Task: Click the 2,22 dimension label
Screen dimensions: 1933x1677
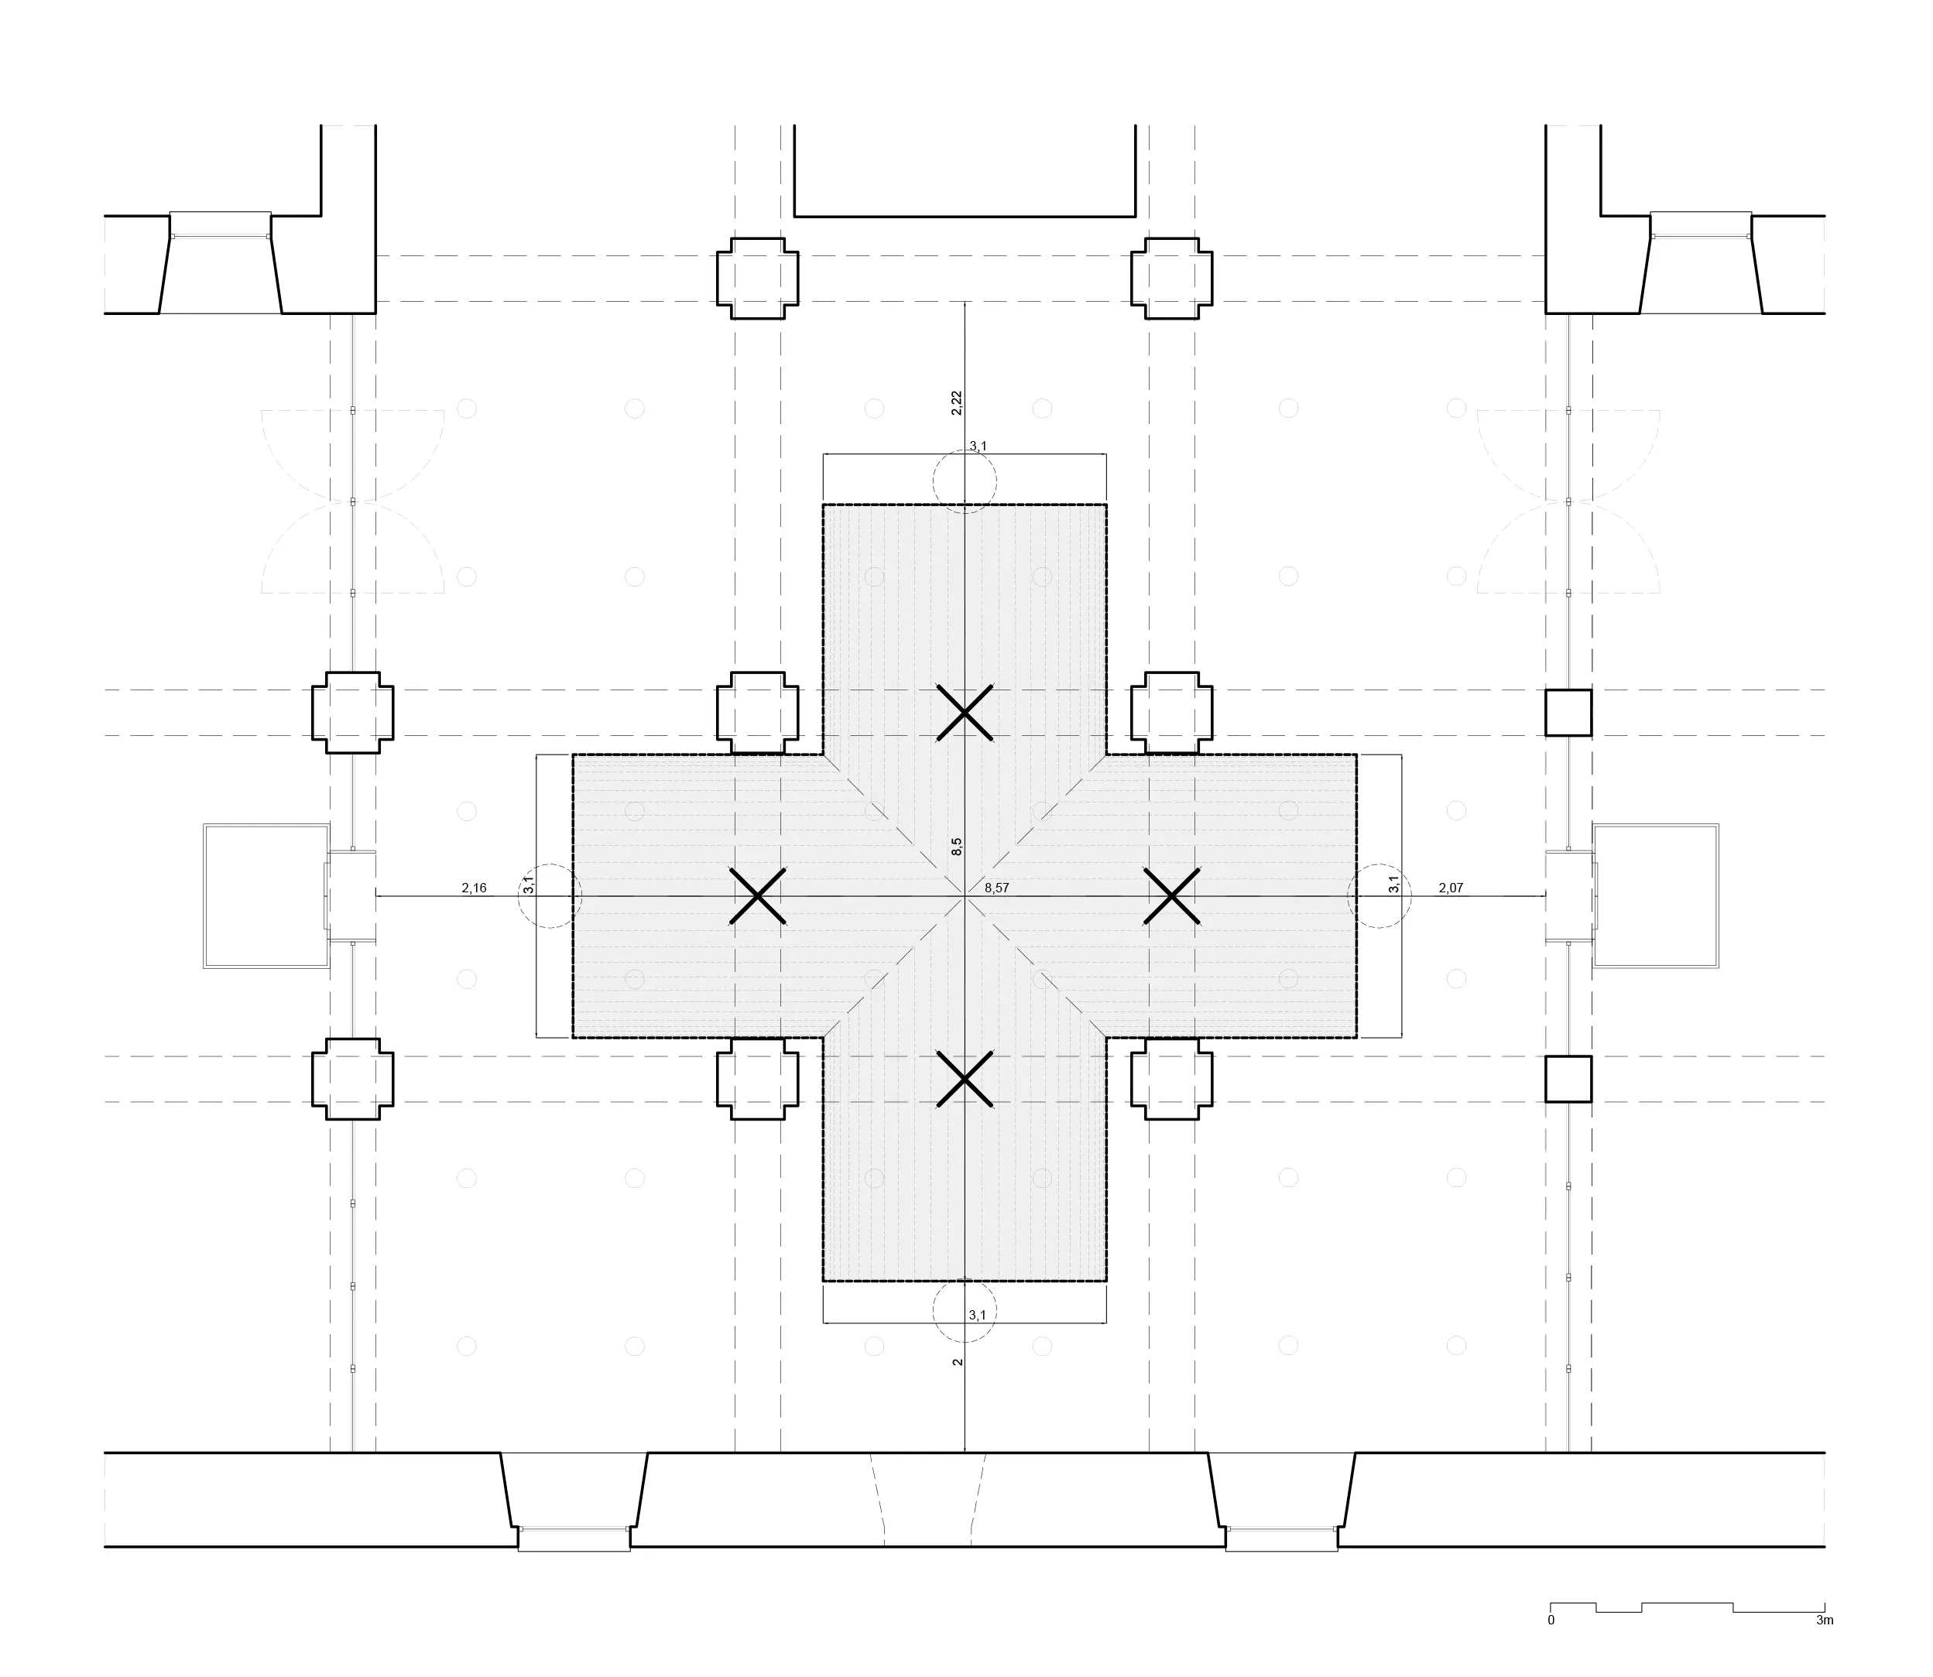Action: click(956, 402)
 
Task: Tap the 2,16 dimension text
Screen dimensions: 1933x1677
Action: click(474, 888)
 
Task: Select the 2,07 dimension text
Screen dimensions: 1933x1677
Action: click(1450, 888)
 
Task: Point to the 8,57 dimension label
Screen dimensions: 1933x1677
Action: click(997, 888)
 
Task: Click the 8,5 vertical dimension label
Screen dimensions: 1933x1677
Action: click(956, 847)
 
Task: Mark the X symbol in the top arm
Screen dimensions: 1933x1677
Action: click(964, 713)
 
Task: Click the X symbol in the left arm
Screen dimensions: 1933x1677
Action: click(757, 896)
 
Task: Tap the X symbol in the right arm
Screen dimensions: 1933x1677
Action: click(1171, 896)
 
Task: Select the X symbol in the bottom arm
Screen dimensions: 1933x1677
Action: click(964, 1080)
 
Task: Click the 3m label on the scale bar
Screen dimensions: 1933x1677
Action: click(1825, 1620)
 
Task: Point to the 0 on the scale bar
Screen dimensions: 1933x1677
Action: click(1551, 1620)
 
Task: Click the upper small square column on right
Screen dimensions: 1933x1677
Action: click(1568, 713)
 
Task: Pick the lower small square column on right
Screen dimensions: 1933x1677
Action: click(1568, 1079)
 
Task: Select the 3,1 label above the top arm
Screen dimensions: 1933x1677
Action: click(977, 447)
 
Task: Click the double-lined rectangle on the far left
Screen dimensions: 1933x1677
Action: click(205, 895)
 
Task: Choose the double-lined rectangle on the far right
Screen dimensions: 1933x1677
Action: click(1719, 895)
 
